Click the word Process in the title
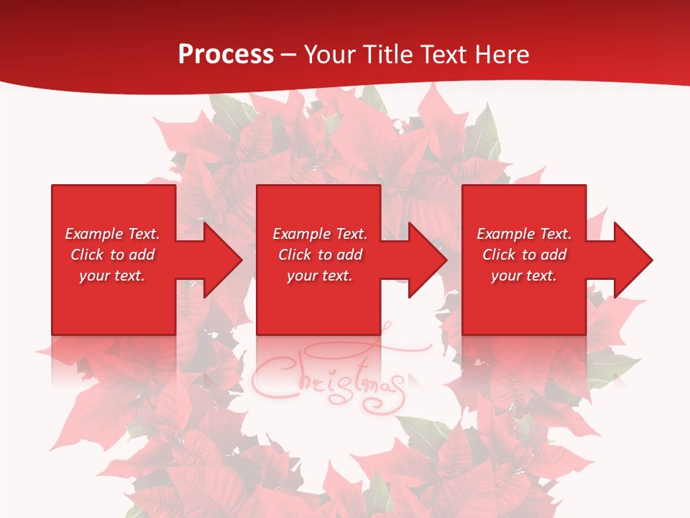click(x=226, y=55)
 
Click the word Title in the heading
click(x=387, y=55)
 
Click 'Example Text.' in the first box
click(x=112, y=234)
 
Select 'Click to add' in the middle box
click(x=320, y=255)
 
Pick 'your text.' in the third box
click(x=524, y=276)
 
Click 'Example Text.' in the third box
click(x=524, y=234)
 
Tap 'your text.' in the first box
click(x=112, y=276)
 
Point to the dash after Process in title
click(x=289, y=55)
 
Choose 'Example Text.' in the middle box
click(x=320, y=234)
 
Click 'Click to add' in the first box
click(x=112, y=255)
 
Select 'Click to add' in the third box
click(x=524, y=255)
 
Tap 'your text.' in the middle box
click(x=320, y=276)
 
